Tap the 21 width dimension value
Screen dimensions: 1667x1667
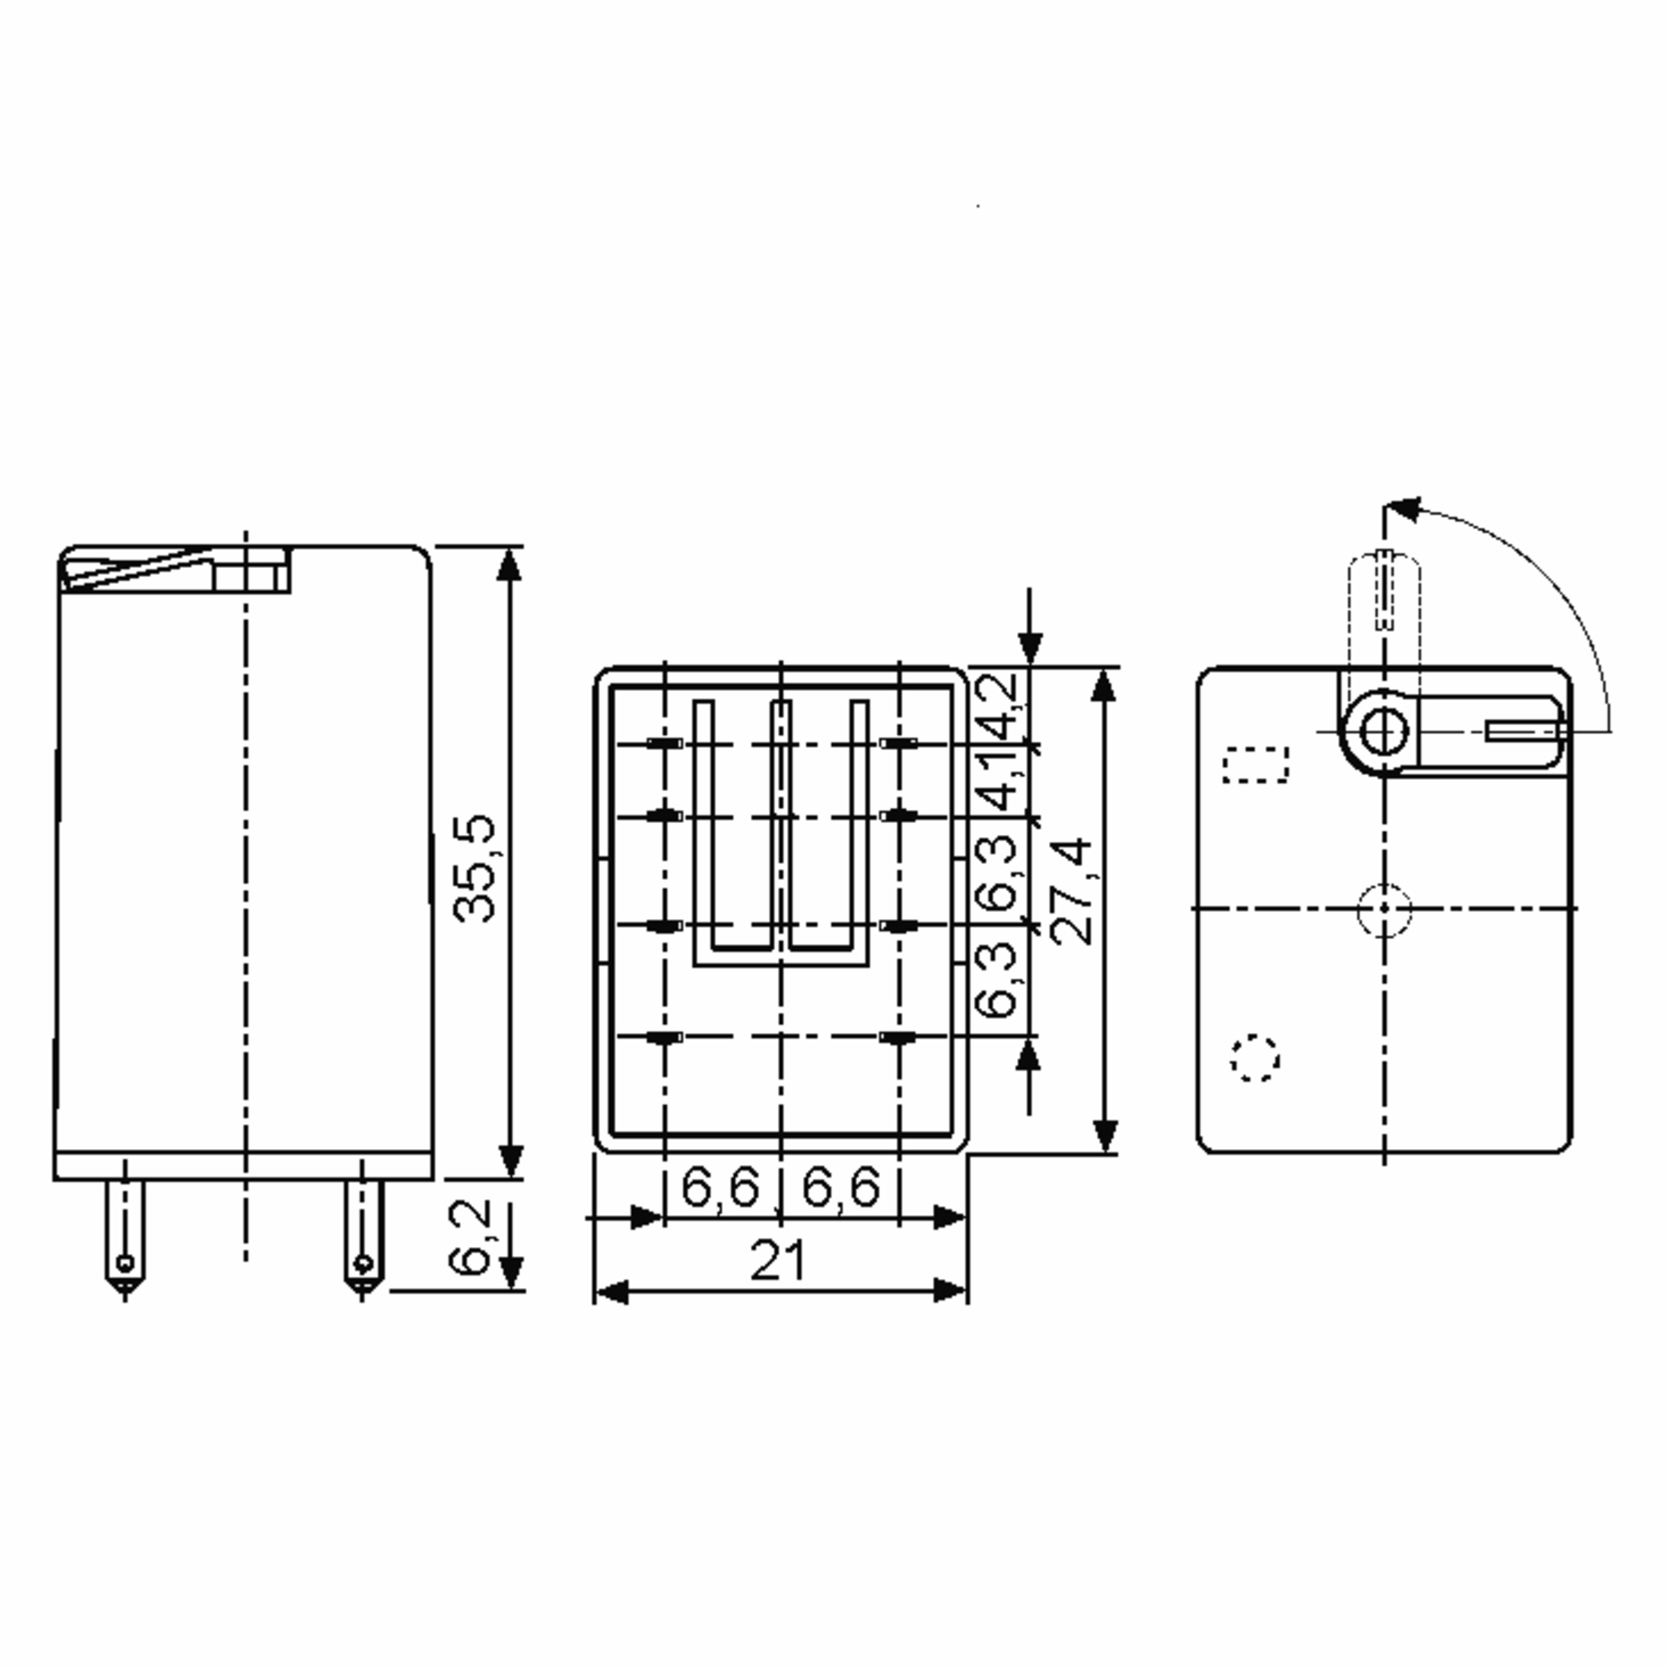(777, 1261)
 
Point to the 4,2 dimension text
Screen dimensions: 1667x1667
(1001, 708)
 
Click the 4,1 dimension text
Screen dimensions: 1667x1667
(1001, 781)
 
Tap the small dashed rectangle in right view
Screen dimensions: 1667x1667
(1255, 765)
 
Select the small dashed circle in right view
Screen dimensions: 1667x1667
(1254, 1058)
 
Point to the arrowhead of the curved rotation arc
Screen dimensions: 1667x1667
(1403, 509)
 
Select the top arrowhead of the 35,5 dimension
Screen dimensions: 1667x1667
(510, 565)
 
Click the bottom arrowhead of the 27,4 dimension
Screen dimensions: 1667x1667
(1105, 1136)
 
